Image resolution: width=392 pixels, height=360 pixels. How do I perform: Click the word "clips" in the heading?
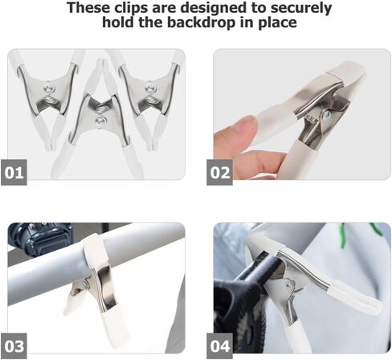[x=131, y=7]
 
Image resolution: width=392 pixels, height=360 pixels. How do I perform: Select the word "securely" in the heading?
[x=301, y=9]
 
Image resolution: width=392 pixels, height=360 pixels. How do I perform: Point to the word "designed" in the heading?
[x=213, y=8]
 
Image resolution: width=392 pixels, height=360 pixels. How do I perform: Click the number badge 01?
[x=14, y=172]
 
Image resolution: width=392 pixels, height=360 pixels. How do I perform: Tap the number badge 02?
[x=219, y=172]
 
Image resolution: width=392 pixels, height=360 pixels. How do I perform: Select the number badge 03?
[x=14, y=346]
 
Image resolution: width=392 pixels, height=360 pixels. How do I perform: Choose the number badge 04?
[x=219, y=346]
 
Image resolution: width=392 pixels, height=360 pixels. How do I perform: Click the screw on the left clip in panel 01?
[x=50, y=87]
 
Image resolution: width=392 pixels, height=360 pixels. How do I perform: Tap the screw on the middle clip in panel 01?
[x=100, y=120]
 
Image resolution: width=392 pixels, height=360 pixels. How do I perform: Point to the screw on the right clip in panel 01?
[x=149, y=88]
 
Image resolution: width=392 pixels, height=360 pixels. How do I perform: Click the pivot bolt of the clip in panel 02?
[x=326, y=114]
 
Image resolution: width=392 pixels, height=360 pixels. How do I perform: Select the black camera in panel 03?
[x=40, y=239]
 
